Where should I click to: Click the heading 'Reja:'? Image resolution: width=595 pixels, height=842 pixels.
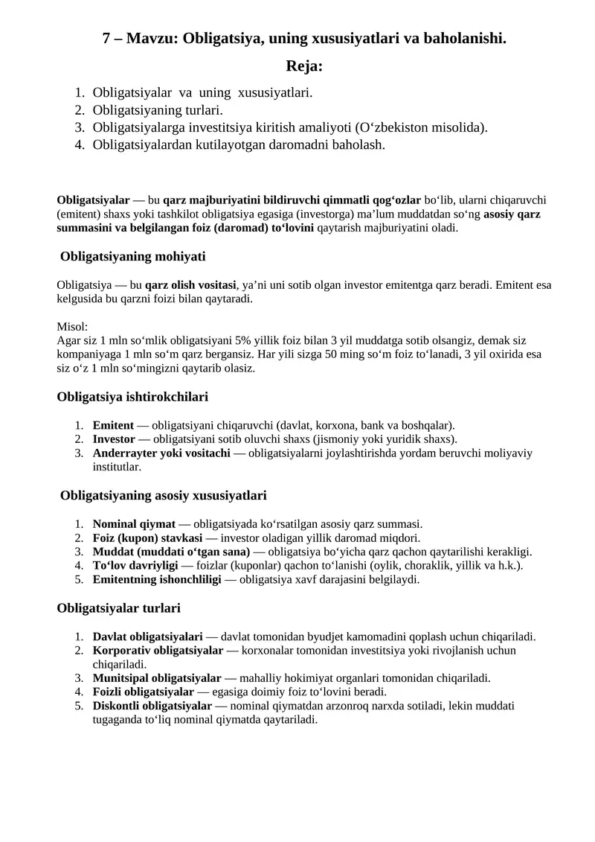click(x=304, y=66)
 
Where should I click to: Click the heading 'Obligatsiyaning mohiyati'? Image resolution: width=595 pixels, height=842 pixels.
click(x=132, y=257)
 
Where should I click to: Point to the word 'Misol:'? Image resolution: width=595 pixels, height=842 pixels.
click(x=72, y=327)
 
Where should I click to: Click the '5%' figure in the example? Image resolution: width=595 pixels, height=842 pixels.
click(x=245, y=340)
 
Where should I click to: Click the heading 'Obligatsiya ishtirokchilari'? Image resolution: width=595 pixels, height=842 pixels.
click(x=132, y=397)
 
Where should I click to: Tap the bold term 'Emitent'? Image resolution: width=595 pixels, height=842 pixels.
click(x=113, y=426)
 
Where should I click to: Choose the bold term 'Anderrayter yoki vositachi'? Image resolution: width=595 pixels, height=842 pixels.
click(x=161, y=453)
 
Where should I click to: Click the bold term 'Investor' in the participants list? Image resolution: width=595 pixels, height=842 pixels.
click(x=114, y=439)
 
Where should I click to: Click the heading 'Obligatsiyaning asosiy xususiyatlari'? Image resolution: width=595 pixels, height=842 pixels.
click(x=163, y=496)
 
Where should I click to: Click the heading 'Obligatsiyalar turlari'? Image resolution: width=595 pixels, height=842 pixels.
click(x=118, y=608)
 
